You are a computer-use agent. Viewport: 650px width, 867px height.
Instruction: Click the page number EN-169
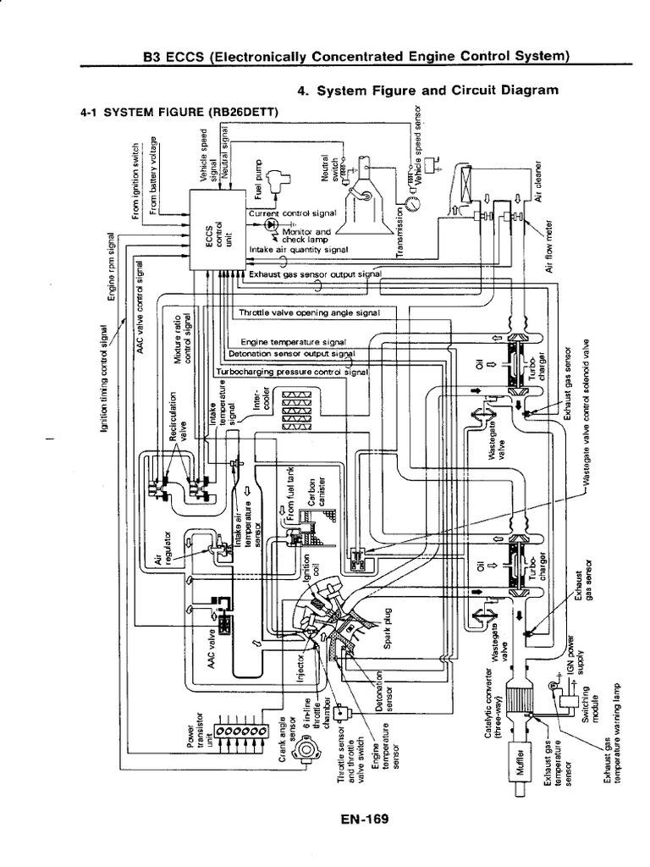[354, 819]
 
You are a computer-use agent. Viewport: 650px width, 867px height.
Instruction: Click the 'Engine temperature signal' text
[292, 341]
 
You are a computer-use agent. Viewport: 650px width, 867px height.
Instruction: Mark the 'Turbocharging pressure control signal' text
[294, 372]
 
